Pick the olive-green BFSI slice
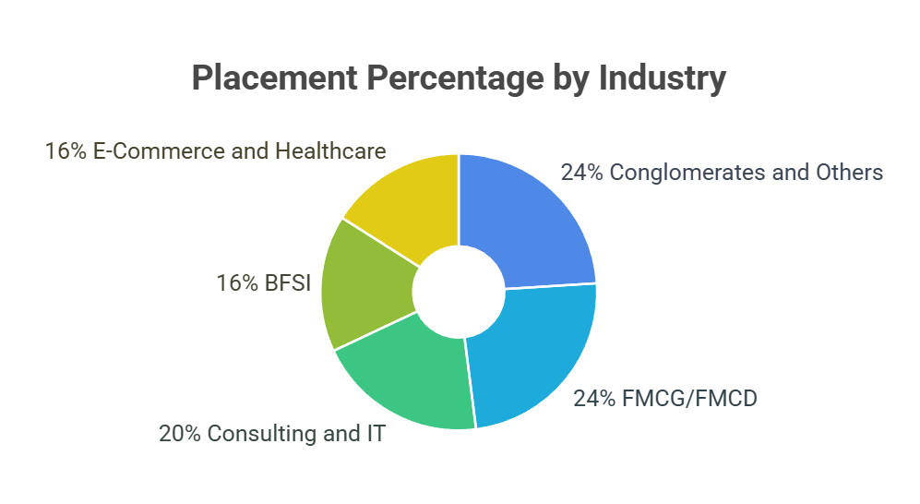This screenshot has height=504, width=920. [364, 286]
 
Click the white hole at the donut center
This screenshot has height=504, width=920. [459, 291]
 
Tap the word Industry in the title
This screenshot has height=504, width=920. [662, 78]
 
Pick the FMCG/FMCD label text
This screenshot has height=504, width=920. [687, 399]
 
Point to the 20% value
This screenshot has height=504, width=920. [181, 433]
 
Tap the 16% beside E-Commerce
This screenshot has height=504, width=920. [66, 151]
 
